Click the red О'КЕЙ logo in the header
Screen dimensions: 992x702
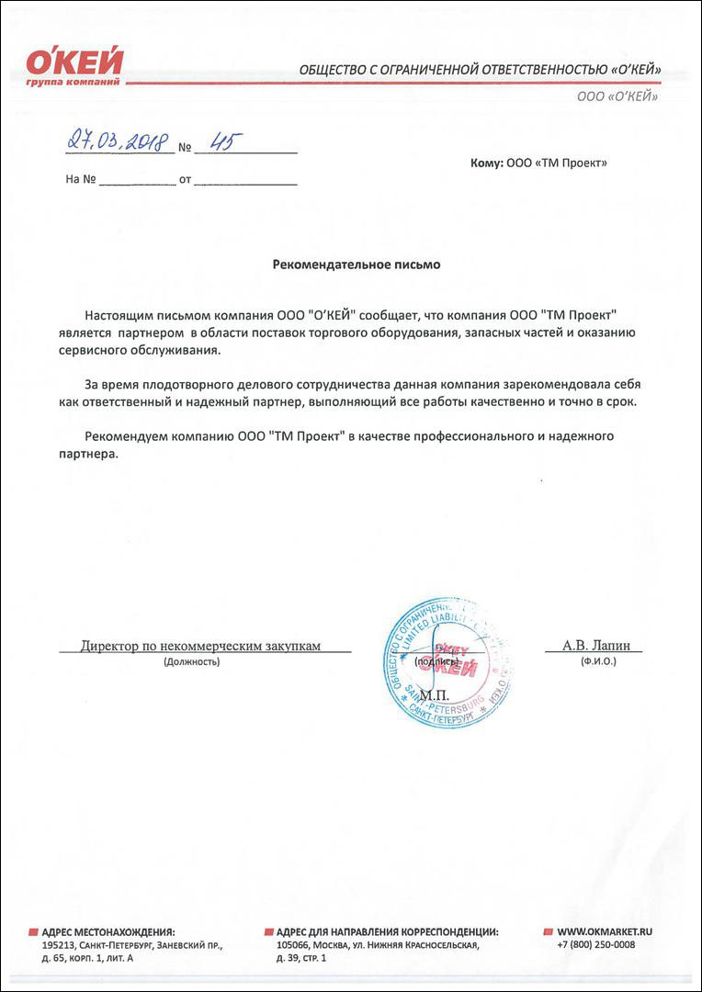(x=74, y=64)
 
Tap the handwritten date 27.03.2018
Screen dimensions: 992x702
(x=117, y=142)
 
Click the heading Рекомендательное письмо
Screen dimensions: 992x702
(x=357, y=265)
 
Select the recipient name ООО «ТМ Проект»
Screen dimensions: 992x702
(x=557, y=163)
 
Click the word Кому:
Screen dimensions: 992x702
(x=486, y=163)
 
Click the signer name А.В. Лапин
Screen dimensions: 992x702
(x=593, y=646)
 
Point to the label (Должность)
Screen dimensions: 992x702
(x=191, y=661)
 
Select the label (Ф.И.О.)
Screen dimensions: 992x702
(x=592, y=661)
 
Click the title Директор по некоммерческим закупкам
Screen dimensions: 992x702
(x=200, y=646)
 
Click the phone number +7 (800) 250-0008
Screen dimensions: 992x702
(x=595, y=944)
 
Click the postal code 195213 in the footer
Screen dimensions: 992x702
(x=60, y=944)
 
